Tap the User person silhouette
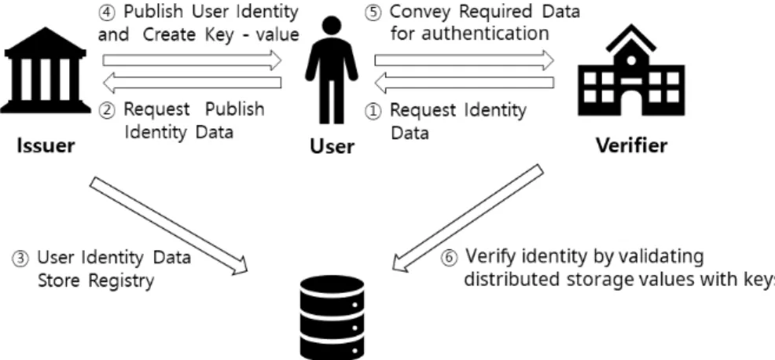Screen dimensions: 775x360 click(x=331, y=70)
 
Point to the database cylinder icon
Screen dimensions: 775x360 click(x=332, y=317)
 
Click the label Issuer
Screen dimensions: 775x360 click(x=46, y=145)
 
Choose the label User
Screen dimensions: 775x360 click(x=332, y=146)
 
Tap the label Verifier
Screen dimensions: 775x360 click(x=631, y=145)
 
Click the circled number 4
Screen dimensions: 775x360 click(x=106, y=13)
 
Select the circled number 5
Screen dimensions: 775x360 click(x=373, y=13)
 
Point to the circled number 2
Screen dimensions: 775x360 click(x=106, y=110)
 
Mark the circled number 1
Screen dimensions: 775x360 click(x=373, y=112)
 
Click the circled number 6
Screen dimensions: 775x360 click(x=449, y=259)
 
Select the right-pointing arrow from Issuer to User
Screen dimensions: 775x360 click(x=192, y=61)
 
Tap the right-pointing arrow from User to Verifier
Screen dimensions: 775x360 click(x=464, y=61)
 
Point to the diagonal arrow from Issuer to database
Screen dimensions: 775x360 click(x=168, y=225)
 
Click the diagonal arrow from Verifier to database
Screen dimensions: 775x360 click(x=468, y=218)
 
